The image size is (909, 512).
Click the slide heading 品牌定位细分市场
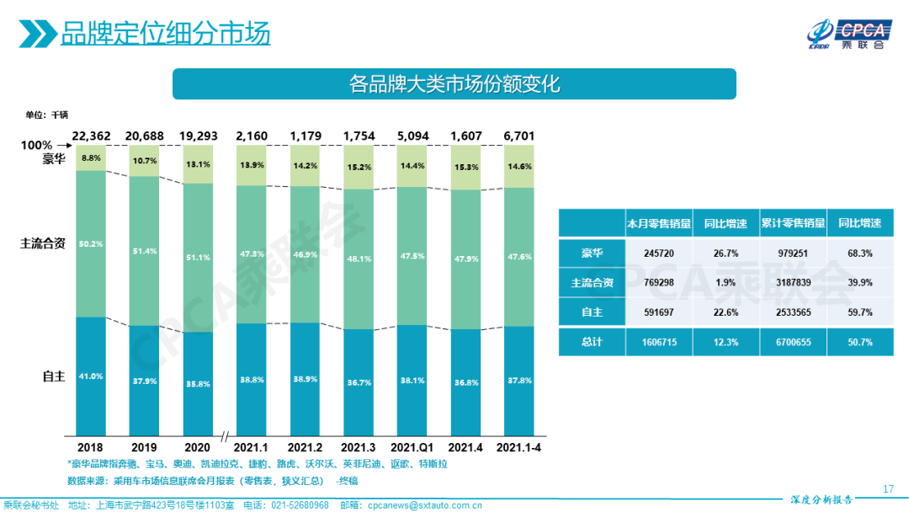[165, 35]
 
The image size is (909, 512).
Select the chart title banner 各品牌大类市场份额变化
[454, 84]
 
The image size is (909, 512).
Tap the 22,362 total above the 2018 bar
[91, 136]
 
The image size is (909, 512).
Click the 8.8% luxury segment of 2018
[91, 157]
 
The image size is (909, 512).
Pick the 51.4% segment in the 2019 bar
[145, 251]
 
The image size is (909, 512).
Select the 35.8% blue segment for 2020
[198, 383]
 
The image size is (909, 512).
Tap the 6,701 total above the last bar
[518, 136]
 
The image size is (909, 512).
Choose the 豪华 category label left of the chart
[54, 157]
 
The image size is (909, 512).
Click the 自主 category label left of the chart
[54, 376]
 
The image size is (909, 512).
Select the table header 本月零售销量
[658, 224]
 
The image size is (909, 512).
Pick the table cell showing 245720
[658, 253]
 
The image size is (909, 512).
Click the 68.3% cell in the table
[859, 253]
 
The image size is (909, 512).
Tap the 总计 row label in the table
[592, 342]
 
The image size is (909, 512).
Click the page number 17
[888, 489]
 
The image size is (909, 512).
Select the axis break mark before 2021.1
[225, 436]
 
